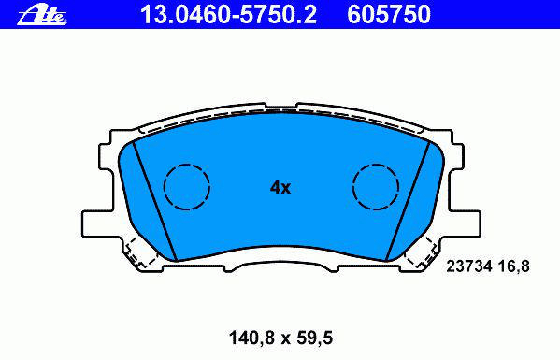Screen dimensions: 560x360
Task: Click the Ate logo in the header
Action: pyautogui.click(x=42, y=15)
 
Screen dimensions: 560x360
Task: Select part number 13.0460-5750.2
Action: pyautogui.click(x=228, y=15)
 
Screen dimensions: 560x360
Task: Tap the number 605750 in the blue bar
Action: pyautogui.click(x=389, y=15)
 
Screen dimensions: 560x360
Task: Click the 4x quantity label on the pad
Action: pyautogui.click(x=280, y=187)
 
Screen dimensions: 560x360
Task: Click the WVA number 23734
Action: pyautogui.click(x=469, y=266)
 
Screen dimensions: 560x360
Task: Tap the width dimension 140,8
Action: pyautogui.click(x=251, y=338)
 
